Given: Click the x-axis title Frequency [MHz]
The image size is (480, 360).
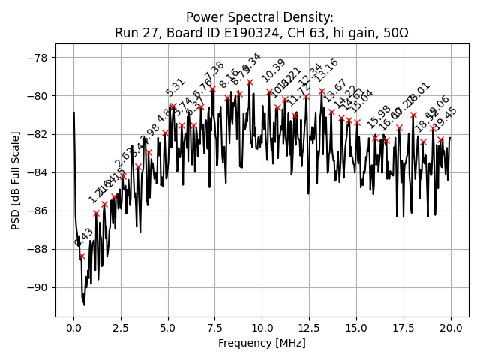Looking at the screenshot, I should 262,343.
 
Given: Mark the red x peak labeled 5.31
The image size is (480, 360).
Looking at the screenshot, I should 173,106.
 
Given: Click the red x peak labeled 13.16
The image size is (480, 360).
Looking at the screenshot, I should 322,91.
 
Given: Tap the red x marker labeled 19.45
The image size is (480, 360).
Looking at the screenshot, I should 440,139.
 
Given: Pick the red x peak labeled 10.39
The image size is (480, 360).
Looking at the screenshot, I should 269,91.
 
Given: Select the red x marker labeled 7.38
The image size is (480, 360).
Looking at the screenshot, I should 212,88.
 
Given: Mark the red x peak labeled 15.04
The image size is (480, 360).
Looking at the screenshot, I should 357,122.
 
